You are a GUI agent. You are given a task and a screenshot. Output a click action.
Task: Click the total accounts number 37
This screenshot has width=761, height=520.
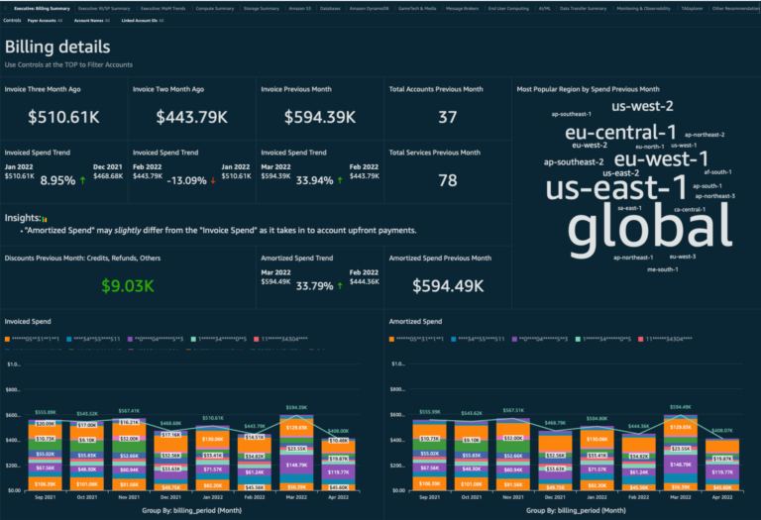point(447,117)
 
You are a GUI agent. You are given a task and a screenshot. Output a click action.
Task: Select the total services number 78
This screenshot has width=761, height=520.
point(447,180)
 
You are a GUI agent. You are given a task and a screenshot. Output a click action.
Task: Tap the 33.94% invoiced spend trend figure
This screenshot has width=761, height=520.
point(316,181)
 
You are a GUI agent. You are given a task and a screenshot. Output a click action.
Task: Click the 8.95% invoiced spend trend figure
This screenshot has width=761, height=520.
point(57,181)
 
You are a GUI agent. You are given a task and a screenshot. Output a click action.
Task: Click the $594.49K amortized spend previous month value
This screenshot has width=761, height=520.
point(447,285)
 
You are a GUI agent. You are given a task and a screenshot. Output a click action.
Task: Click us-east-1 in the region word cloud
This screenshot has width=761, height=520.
point(616,187)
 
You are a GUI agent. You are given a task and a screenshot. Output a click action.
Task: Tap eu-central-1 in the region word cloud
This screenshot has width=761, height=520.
point(620,133)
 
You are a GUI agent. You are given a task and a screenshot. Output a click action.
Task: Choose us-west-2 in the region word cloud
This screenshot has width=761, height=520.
point(642,106)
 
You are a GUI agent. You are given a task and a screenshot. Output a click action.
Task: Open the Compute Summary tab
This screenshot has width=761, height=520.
point(215,8)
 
